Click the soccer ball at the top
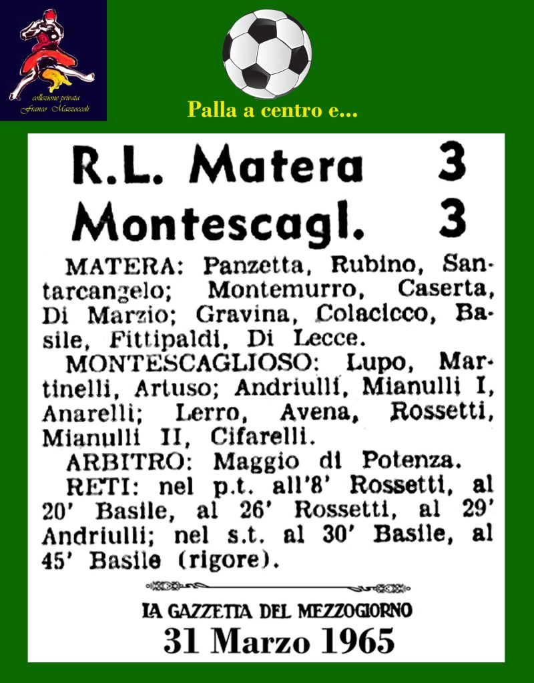tap(267, 53)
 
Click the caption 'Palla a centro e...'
tap(272, 109)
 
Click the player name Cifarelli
tap(262, 437)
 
